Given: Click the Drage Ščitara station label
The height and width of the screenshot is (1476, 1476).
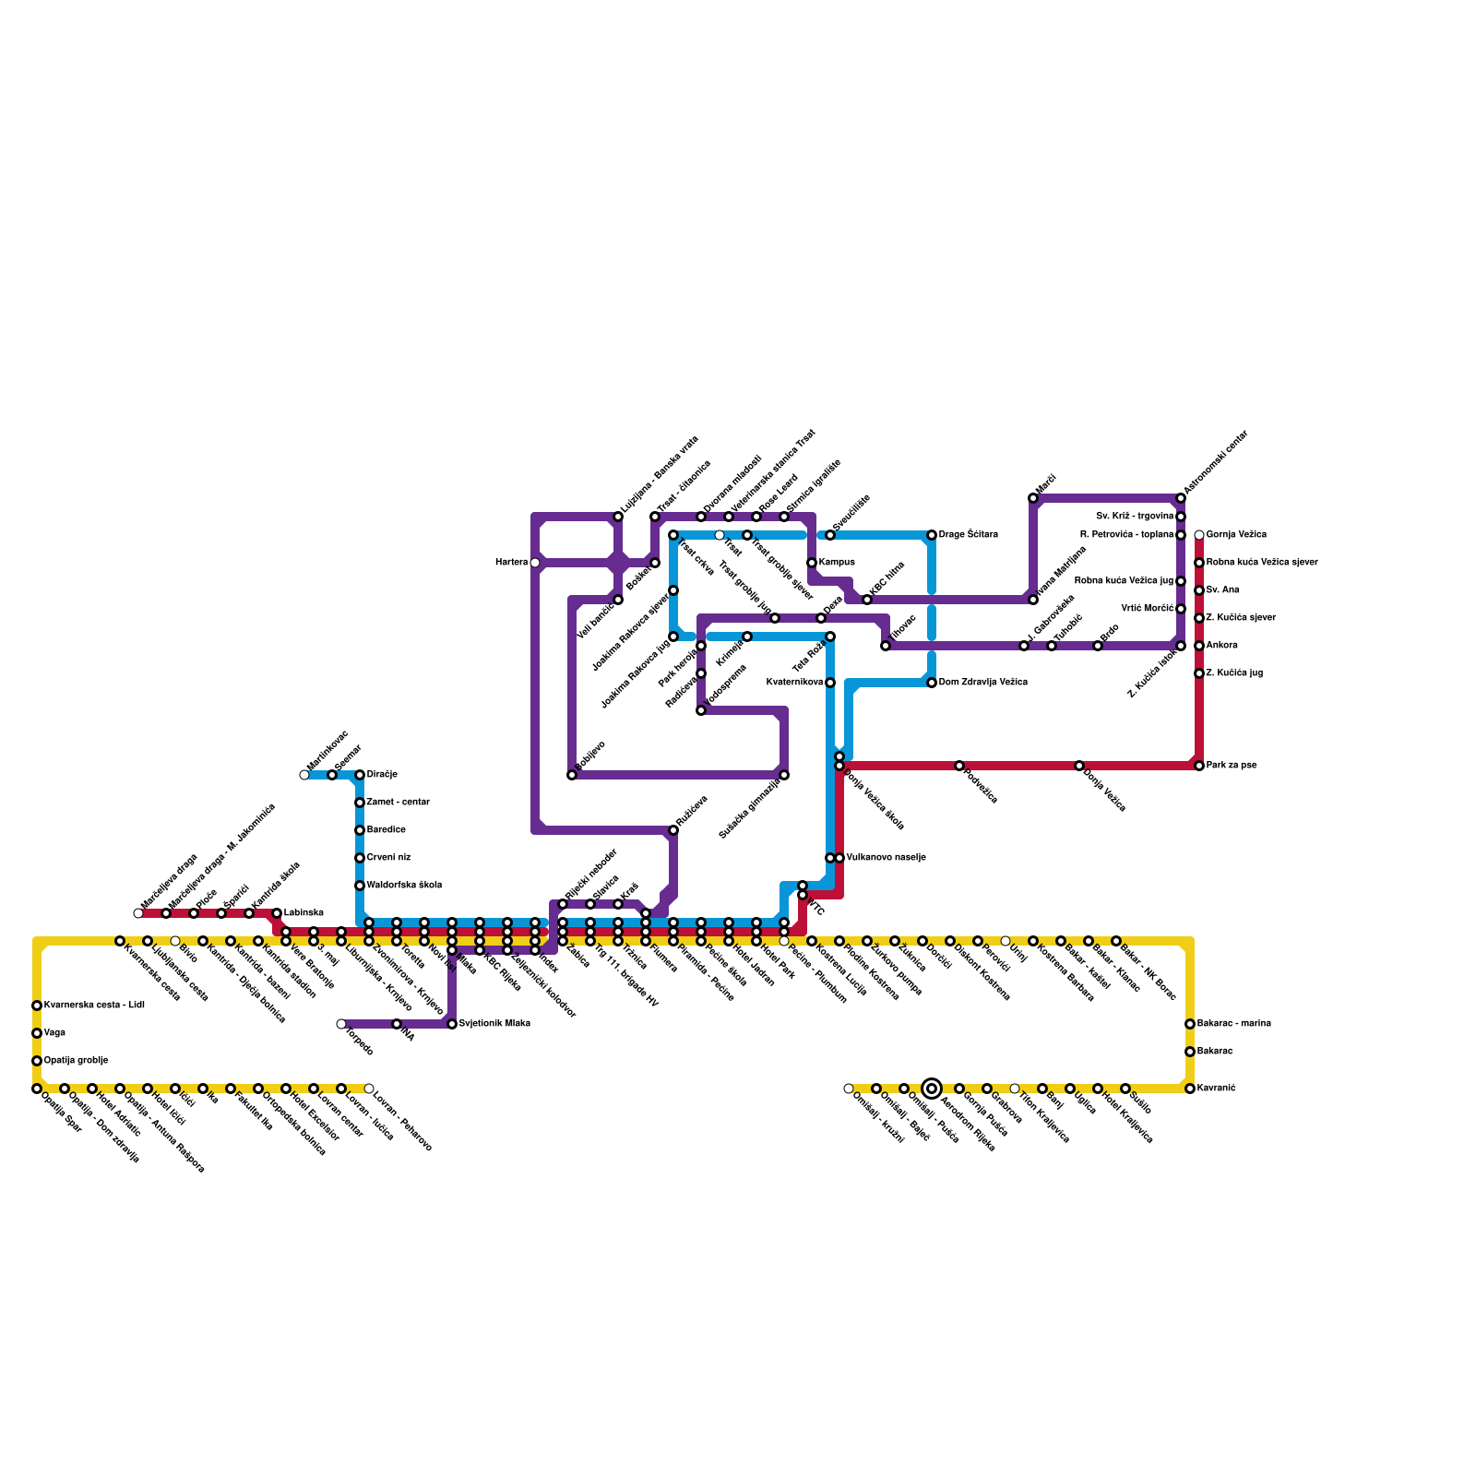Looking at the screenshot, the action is pyautogui.click(x=968, y=535).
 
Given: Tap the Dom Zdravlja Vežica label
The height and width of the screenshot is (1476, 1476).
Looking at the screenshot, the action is pyautogui.click(x=982, y=683).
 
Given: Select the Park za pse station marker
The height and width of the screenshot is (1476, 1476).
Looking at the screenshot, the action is pyautogui.click(x=1199, y=766).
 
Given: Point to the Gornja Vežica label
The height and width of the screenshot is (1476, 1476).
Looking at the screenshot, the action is pyautogui.click(x=1236, y=535).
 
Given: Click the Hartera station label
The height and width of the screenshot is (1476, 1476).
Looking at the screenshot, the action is pyautogui.click(x=511, y=563).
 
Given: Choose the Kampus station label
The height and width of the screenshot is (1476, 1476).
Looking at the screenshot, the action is pyautogui.click(x=837, y=563).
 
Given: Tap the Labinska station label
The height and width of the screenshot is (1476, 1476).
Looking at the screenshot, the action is pyautogui.click(x=304, y=913).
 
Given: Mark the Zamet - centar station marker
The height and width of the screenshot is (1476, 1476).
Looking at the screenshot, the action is pyautogui.click(x=360, y=803).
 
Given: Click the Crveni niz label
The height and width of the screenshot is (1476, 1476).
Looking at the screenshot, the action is pyautogui.click(x=388, y=858).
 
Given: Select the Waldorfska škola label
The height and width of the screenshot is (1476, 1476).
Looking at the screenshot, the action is pyautogui.click(x=404, y=886).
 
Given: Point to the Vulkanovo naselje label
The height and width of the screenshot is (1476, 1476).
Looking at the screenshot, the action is pyautogui.click(x=886, y=858).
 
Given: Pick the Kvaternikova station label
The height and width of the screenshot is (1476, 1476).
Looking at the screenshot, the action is pyautogui.click(x=795, y=683).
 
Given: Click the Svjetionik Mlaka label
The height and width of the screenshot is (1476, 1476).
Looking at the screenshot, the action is pyautogui.click(x=494, y=1024).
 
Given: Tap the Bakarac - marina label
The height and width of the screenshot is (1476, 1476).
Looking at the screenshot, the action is pyautogui.click(x=1233, y=1024).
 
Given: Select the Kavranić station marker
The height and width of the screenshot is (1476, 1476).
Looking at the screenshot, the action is pyautogui.click(x=1190, y=1089).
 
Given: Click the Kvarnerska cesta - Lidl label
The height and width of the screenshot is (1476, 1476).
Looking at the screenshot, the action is pyautogui.click(x=94, y=1006).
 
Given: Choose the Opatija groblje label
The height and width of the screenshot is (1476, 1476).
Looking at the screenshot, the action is pyautogui.click(x=76, y=1061).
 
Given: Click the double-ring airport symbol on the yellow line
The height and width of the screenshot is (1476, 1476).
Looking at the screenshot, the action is pyautogui.click(x=932, y=1089).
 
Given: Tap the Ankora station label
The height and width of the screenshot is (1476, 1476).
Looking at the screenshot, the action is pyautogui.click(x=1221, y=646).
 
